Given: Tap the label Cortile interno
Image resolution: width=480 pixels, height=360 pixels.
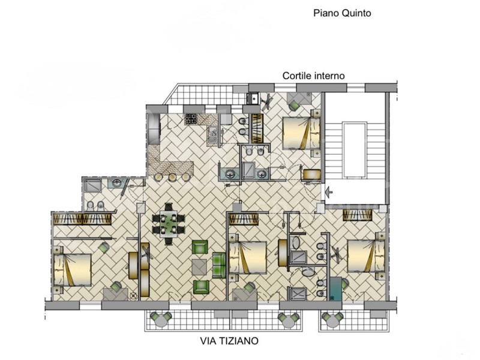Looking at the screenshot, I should point(314,76).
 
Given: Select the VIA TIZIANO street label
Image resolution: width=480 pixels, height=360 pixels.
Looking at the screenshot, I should point(229,341).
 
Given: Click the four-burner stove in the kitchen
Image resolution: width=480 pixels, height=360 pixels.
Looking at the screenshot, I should point(192,118).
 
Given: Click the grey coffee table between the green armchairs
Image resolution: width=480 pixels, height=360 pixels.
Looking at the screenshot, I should point(199,266).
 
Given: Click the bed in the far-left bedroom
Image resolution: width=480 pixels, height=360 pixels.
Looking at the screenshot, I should point(73,269).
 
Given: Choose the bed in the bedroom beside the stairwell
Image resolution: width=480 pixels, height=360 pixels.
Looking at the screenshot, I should point(302,132).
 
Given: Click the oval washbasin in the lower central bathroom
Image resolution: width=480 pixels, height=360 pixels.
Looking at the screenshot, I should point(309,271).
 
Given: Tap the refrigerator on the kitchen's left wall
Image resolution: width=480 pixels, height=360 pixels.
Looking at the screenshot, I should point(154,128).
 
